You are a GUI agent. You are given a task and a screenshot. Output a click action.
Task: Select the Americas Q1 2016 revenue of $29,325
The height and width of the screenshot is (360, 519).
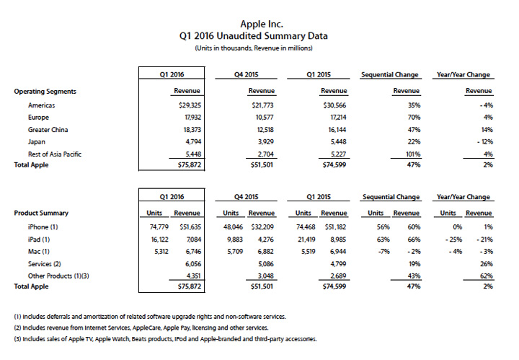(186, 105)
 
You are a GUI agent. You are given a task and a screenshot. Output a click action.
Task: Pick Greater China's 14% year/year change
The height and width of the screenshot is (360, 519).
(484, 130)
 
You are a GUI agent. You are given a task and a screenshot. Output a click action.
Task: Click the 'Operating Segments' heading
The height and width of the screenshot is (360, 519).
(45, 92)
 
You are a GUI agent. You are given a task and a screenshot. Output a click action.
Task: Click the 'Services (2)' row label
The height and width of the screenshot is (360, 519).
(45, 263)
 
